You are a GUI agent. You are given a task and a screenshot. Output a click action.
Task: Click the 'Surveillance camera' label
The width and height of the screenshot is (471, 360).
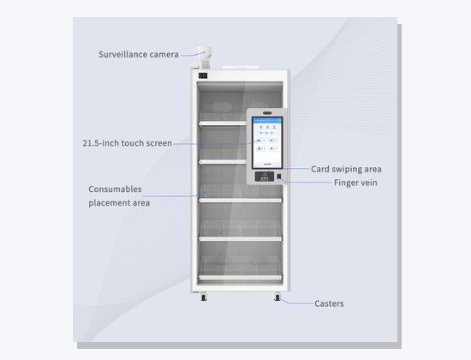(x=139, y=55)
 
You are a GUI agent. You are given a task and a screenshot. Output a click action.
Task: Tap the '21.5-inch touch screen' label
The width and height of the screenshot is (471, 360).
(x=127, y=143)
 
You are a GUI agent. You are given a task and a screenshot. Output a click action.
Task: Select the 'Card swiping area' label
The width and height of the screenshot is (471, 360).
(x=346, y=169)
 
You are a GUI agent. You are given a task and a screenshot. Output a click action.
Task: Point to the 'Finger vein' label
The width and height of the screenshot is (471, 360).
(x=355, y=183)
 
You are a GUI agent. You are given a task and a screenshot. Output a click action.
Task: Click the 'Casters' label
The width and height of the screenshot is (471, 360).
(x=329, y=303)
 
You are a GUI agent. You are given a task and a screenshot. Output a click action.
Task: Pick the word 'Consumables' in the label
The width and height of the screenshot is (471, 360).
(x=115, y=189)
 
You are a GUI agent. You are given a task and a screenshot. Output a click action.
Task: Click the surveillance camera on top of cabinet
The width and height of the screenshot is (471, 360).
(x=205, y=57)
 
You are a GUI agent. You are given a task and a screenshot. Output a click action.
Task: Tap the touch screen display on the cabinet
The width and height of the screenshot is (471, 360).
(x=267, y=142)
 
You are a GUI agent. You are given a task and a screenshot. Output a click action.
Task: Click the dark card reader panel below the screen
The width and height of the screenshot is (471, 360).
(x=265, y=177)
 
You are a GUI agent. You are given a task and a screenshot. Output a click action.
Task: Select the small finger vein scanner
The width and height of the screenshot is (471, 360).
(x=279, y=177)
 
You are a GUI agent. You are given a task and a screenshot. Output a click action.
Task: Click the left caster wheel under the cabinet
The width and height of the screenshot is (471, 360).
(x=204, y=297)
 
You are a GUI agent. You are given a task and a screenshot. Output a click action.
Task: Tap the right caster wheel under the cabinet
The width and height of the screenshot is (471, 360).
(x=277, y=297)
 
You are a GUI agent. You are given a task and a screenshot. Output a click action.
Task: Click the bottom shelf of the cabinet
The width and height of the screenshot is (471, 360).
(x=240, y=278)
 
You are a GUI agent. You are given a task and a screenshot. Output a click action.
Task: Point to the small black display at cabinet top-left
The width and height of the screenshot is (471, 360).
(x=203, y=75)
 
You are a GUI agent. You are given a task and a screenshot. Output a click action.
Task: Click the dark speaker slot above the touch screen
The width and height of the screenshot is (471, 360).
(x=267, y=113)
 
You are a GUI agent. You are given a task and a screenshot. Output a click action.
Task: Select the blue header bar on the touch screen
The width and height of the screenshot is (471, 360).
(x=267, y=120)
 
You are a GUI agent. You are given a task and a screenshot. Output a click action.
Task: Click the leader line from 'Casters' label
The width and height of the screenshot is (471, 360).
(x=296, y=302)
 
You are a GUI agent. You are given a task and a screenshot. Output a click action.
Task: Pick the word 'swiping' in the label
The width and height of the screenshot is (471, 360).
(x=346, y=170)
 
